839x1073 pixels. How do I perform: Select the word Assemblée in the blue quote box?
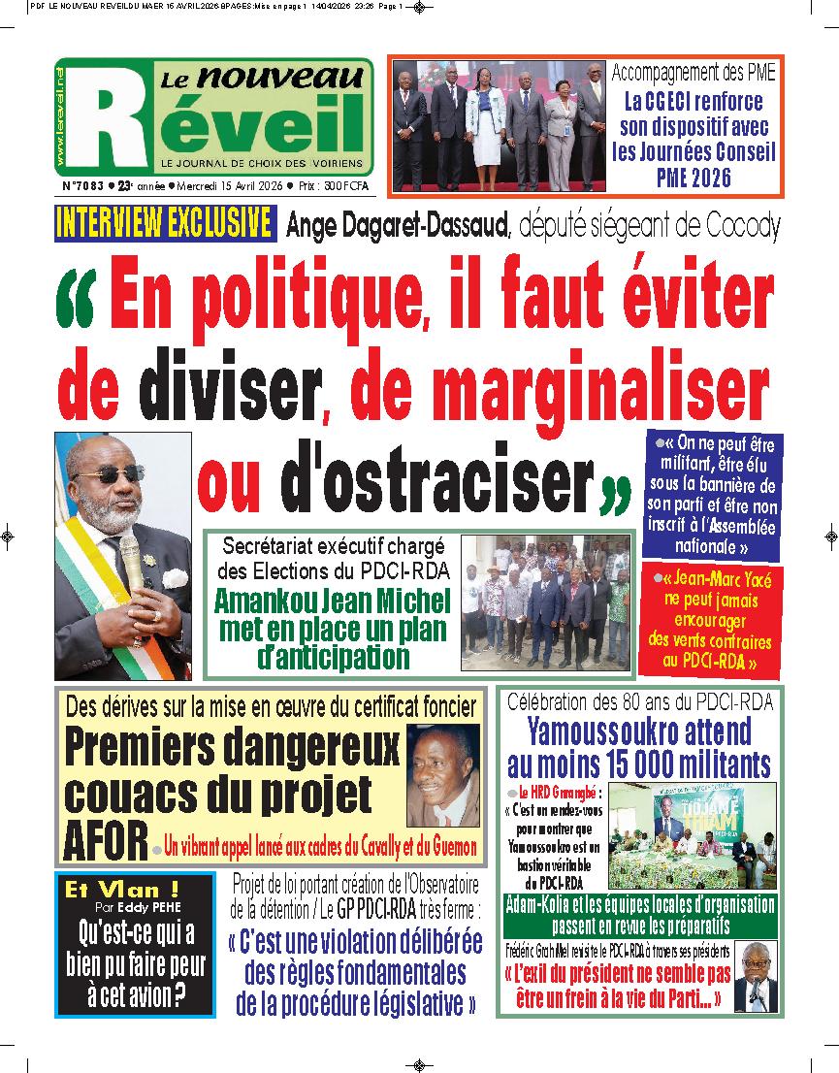click(733, 527)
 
